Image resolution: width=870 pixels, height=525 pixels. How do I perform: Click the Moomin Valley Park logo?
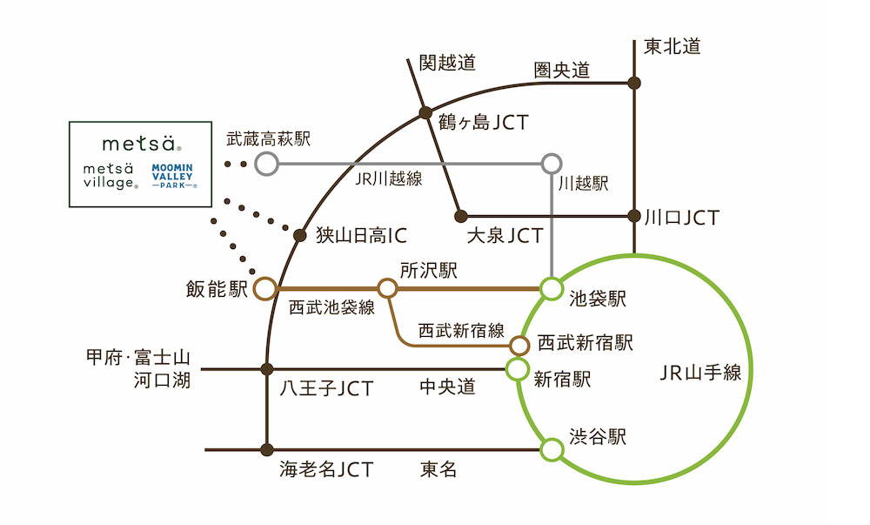[x=174, y=174]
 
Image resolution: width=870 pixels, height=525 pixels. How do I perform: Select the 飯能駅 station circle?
[x=265, y=288]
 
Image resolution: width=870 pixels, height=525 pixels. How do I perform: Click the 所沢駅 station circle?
[x=387, y=287]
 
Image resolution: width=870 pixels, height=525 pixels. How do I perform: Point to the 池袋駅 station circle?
[x=551, y=287]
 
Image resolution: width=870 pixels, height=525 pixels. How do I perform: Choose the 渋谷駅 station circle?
[x=551, y=450]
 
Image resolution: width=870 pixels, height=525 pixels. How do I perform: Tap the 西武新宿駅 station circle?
[x=520, y=345]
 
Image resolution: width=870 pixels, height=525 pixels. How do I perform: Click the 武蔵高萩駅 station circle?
[x=266, y=163]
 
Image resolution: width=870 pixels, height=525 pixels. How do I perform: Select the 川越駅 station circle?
[x=551, y=163]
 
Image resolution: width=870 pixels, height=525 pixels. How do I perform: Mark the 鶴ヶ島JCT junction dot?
[x=425, y=112]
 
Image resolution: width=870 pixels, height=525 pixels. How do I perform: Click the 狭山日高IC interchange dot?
[x=300, y=235]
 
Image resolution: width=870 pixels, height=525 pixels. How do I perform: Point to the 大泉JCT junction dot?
[x=461, y=216]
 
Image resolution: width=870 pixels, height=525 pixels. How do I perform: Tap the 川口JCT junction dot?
[x=635, y=215]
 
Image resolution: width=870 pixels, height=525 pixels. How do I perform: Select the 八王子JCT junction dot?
[x=267, y=369]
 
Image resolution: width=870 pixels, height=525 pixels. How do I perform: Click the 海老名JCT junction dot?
[x=267, y=450]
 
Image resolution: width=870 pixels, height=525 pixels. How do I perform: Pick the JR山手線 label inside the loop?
[x=700, y=373]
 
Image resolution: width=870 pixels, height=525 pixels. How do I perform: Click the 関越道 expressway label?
[x=447, y=63]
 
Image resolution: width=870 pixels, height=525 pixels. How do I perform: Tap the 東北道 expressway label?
[x=673, y=46]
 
